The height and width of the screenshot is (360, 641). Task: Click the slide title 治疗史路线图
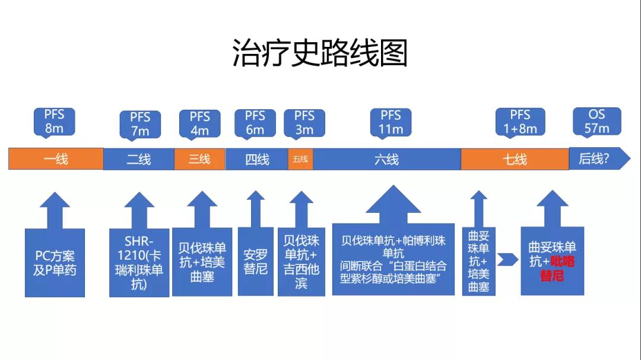pyautogui.click(x=320, y=53)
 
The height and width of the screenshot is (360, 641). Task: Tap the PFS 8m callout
pyautogui.click(x=54, y=120)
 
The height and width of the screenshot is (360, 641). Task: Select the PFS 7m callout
pyautogui.click(x=140, y=123)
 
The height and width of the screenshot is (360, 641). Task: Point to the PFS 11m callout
pyautogui.click(x=391, y=122)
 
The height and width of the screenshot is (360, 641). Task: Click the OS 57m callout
pyautogui.click(x=596, y=120)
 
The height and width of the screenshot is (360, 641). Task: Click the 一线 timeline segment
pyautogui.click(x=56, y=159)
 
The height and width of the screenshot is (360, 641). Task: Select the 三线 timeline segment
pyautogui.click(x=199, y=159)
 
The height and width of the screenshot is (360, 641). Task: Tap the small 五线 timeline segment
pyautogui.click(x=301, y=159)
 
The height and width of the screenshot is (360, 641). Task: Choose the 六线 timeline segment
pyautogui.click(x=387, y=159)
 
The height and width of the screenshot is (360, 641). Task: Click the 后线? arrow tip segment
pyautogui.click(x=596, y=158)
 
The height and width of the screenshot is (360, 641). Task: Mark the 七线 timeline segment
pyautogui.click(x=515, y=159)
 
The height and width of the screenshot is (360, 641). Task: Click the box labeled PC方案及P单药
pyautogui.click(x=55, y=263)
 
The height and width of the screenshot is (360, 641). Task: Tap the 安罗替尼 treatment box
pyautogui.click(x=255, y=261)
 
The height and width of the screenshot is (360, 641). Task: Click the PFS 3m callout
pyautogui.click(x=304, y=122)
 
